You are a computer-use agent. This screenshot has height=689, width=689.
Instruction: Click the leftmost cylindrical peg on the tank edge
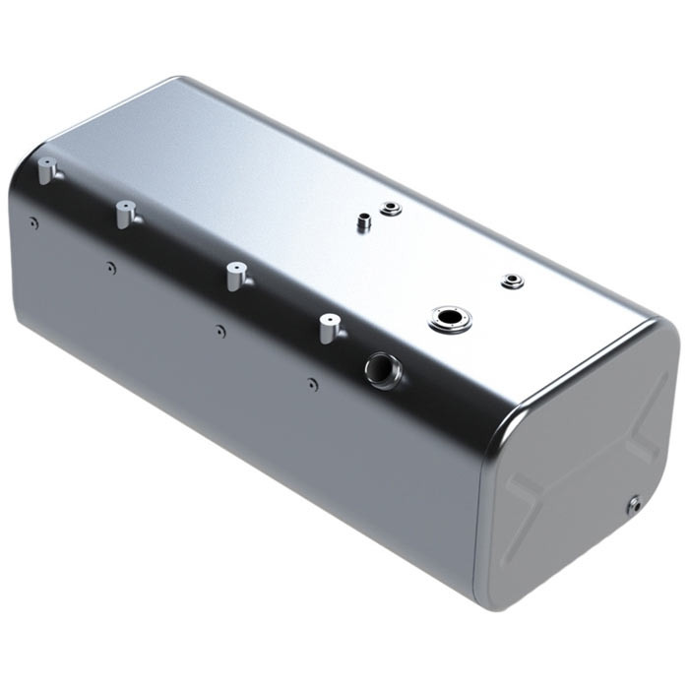(x=46, y=174)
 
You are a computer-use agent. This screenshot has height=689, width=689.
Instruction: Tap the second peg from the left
(x=124, y=213)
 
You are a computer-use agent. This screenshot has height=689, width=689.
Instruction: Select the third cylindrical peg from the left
(x=234, y=275)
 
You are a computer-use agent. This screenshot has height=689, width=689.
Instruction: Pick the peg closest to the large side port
(x=327, y=327)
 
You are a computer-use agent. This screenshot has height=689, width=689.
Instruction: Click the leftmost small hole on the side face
(x=33, y=223)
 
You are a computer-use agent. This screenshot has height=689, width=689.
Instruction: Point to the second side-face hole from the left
(x=110, y=266)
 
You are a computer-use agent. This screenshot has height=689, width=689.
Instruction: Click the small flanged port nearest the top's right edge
(x=511, y=282)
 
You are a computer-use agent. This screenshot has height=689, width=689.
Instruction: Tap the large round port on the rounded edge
(x=380, y=369)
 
